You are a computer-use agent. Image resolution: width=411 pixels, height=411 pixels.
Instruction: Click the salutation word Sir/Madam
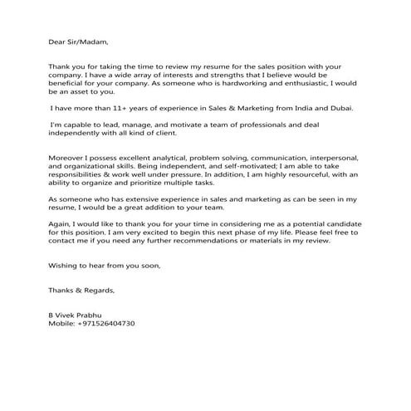(89, 39)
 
